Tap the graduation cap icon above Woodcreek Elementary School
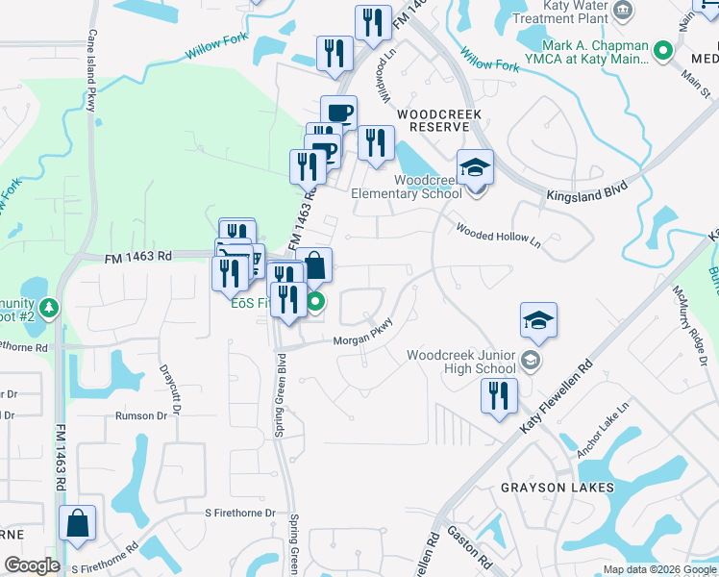[x=475, y=168]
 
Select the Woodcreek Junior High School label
[x=461, y=362]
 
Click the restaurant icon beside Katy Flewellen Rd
[x=499, y=396]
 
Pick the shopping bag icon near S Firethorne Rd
[x=77, y=524]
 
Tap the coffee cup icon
[x=338, y=113]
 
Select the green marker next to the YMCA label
[x=662, y=50]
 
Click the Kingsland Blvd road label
[x=586, y=188]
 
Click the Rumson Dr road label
[x=141, y=415]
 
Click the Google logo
[x=31, y=565]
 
